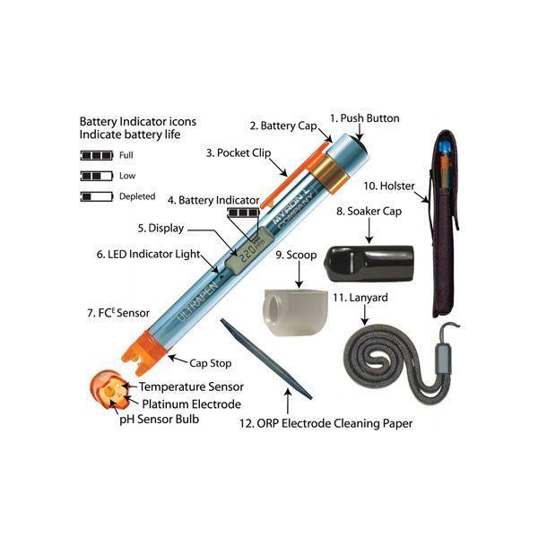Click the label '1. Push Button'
point(365,118)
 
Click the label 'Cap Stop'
point(211,363)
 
